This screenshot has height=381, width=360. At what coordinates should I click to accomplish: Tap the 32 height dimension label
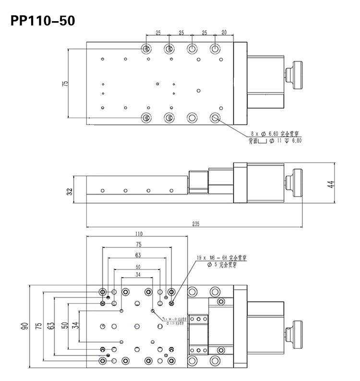pyautogui.click(x=70, y=192)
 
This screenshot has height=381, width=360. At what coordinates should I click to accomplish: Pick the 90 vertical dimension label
pyautogui.click(x=24, y=327)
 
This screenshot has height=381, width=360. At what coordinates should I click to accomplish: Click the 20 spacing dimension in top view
pyautogui.click(x=224, y=33)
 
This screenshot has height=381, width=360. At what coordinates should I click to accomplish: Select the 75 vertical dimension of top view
pyautogui.click(x=65, y=83)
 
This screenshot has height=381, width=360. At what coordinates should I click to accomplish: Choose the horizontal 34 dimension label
pyautogui.click(x=138, y=275)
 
